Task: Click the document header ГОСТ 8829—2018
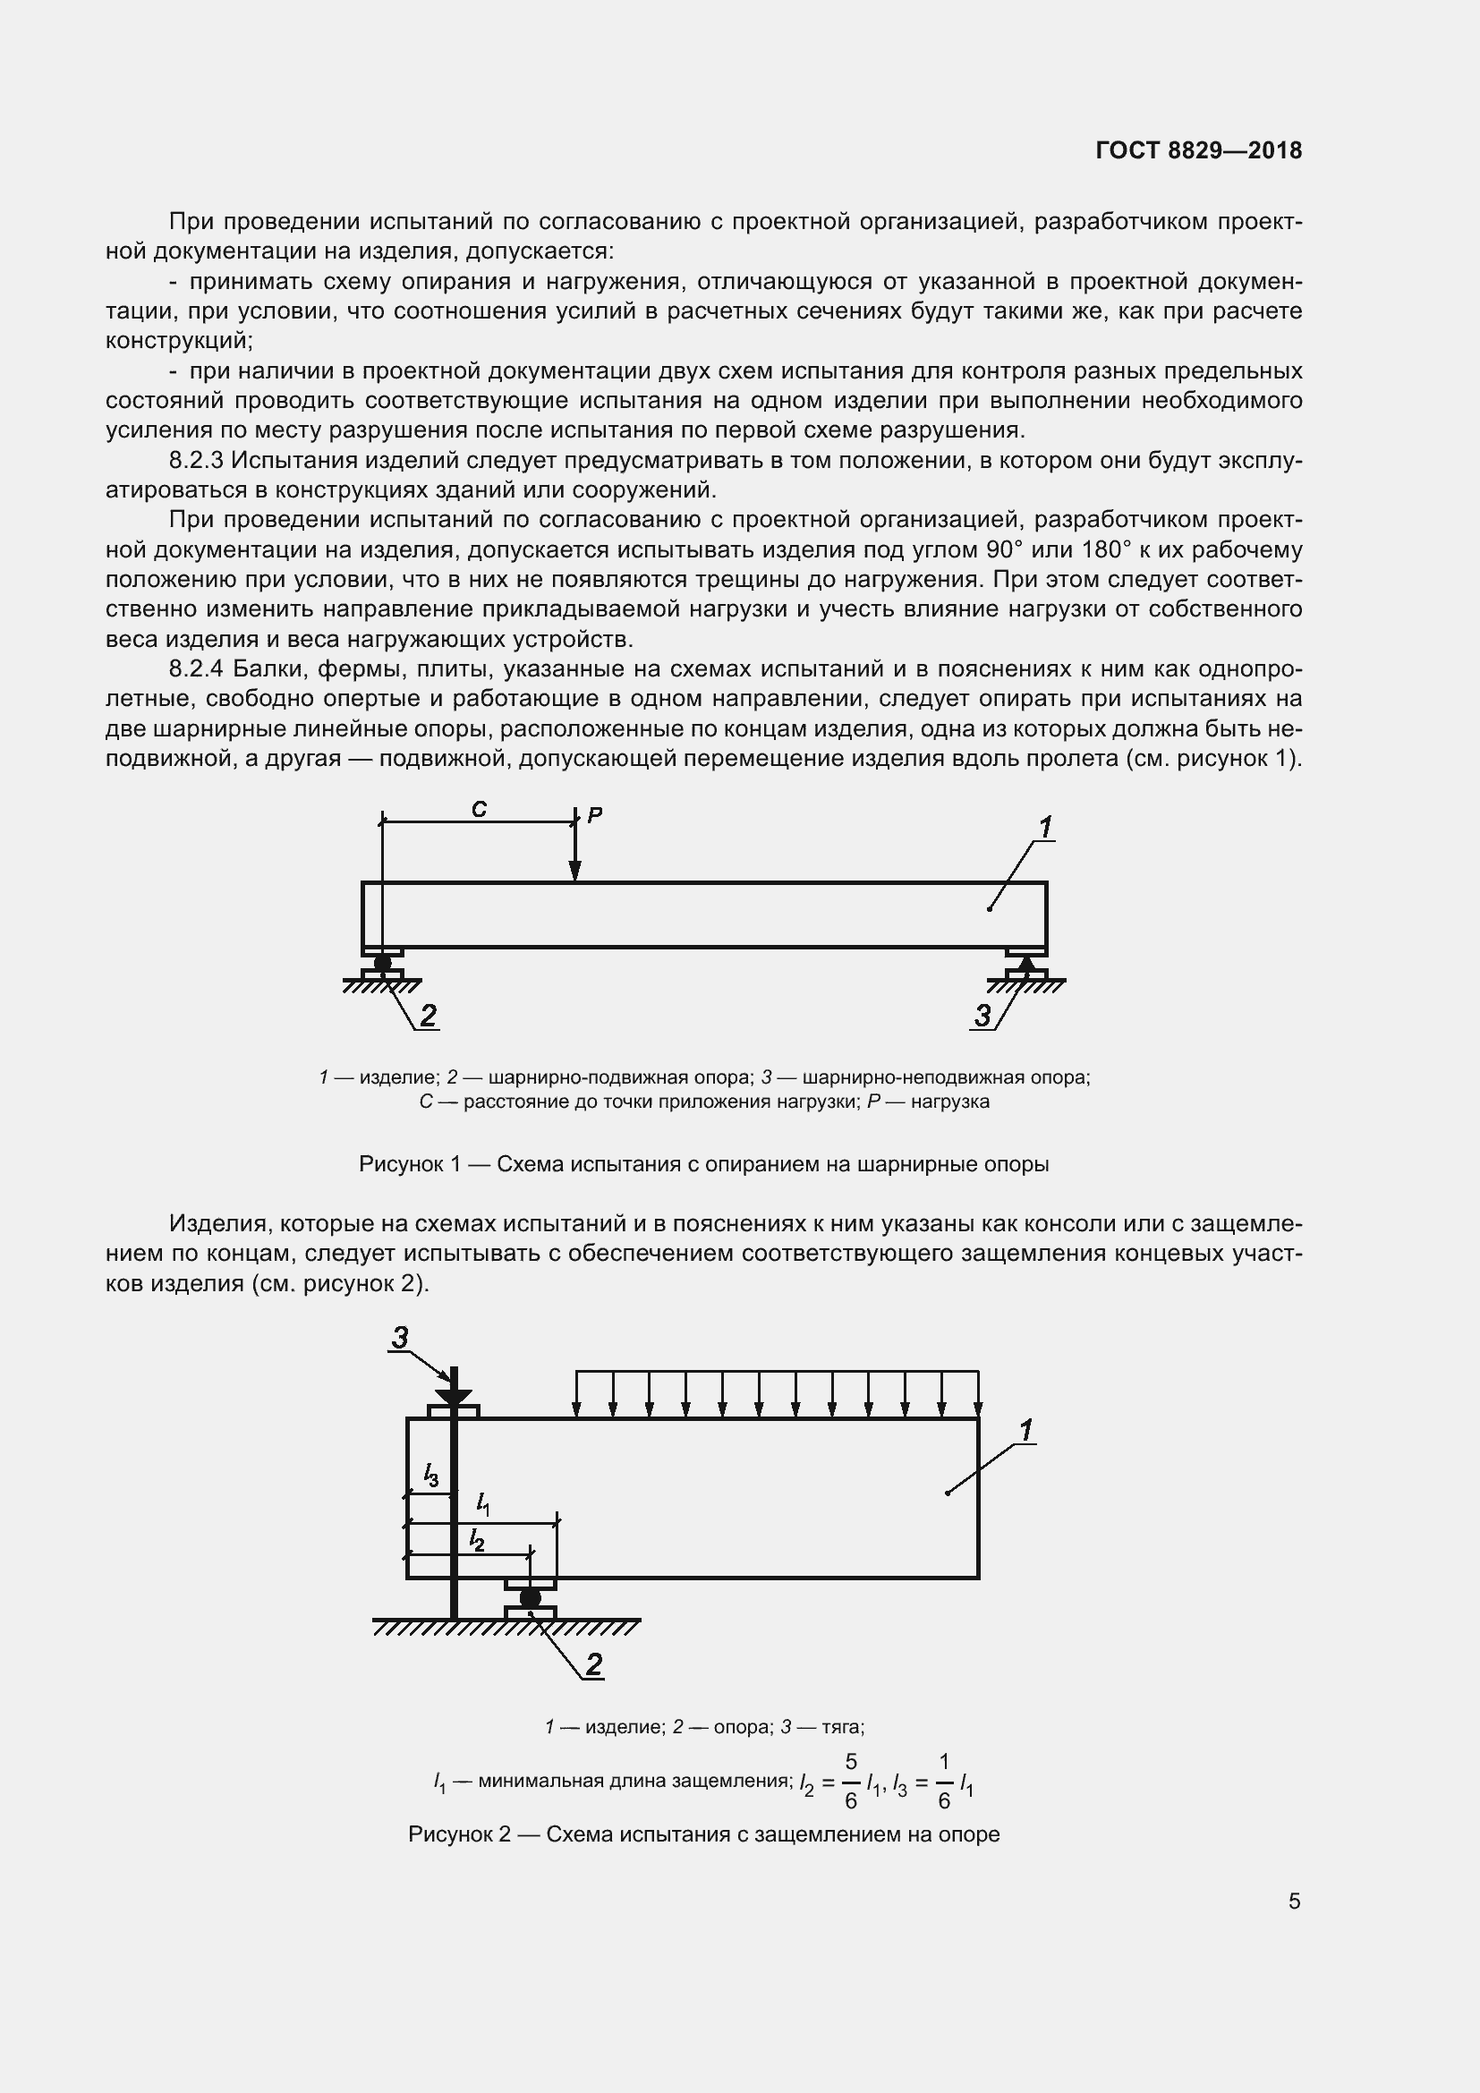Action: (x=1198, y=150)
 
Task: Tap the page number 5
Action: (x=1294, y=1901)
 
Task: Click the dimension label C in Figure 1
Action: (x=479, y=809)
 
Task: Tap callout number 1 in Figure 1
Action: (x=1045, y=828)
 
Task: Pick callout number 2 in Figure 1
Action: (x=428, y=1015)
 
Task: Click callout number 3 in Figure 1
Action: (x=982, y=1015)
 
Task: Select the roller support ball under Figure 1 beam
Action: (x=383, y=963)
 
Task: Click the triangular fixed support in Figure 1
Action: (x=1026, y=963)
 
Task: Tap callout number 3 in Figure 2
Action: (x=400, y=1337)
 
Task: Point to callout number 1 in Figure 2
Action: (x=1026, y=1430)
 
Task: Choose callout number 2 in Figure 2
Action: (x=593, y=1664)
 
